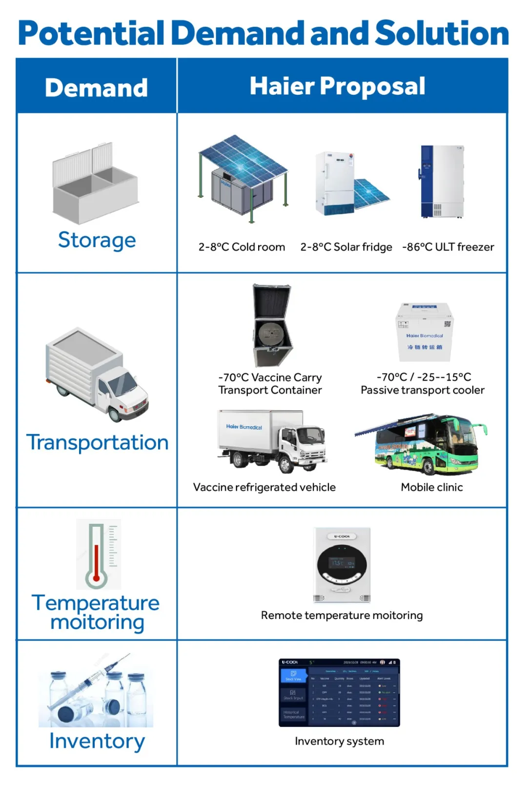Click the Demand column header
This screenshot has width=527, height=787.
click(96, 88)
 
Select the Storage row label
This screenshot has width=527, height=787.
click(97, 240)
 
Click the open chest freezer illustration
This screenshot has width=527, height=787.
click(95, 183)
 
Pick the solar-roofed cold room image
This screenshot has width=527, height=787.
click(243, 178)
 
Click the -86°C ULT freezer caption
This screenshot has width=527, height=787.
click(448, 247)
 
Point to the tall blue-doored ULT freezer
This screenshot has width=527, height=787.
click(442, 181)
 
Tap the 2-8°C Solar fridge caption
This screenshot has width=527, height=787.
click(346, 247)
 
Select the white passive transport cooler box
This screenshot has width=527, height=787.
click(424, 332)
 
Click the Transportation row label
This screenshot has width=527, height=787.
click(98, 442)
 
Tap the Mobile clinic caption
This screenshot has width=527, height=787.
click(432, 487)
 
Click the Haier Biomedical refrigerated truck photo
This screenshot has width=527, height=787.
click(272, 441)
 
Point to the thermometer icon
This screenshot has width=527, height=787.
click(98, 554)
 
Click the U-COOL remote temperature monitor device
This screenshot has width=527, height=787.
click(342, 565)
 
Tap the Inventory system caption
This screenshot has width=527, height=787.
click(339, 741)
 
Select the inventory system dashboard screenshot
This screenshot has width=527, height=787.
click(339, 692)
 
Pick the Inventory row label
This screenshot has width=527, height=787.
click(97, 741)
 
